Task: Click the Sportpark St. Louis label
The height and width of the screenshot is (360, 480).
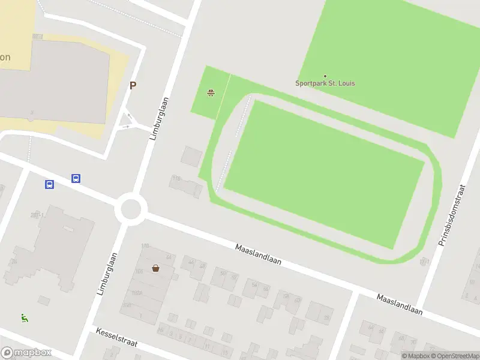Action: click(325, 83)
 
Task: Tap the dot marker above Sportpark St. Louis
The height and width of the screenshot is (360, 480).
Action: click(325, 76)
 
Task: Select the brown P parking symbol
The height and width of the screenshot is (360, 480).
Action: click(133, 85)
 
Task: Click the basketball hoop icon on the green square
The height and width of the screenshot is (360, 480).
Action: click(211, 93)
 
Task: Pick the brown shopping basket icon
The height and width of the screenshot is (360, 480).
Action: click(156, 268)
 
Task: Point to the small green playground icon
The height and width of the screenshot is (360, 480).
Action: click(25, 318)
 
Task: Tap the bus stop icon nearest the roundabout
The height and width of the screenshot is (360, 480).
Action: click(76, 178)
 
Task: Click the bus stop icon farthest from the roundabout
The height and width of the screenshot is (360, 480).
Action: click(49, 184)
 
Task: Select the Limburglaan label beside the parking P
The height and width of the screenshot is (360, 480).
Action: click(158, 119)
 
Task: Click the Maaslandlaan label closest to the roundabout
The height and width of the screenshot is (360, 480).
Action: click(259, 254)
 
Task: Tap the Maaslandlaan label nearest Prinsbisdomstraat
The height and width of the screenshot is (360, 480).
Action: click(400, 305)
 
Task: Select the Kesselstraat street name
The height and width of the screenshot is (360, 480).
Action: click(116, 337)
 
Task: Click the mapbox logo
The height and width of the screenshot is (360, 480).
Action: click(26, 353)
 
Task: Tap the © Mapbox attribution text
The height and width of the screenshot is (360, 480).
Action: click(415, 356)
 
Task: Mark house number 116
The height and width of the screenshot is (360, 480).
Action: click(176, 179)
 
